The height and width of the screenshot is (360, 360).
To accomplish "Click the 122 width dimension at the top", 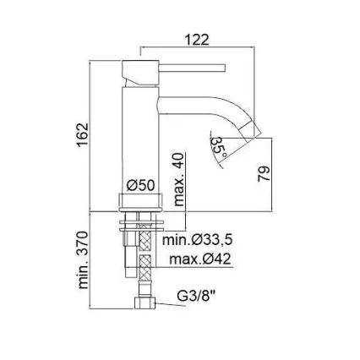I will coord(197,40).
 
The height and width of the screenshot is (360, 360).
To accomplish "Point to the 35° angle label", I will coord(219,145).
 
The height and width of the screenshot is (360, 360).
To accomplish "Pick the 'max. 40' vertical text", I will coord(178,179).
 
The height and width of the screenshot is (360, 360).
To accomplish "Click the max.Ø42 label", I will coord(201,259).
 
